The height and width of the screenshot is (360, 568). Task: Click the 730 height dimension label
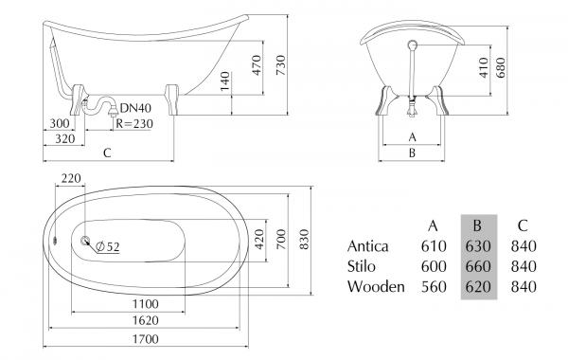point(281,65)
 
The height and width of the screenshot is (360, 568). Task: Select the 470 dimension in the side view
point(257,65)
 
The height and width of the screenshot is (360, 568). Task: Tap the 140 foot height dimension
point(224,81)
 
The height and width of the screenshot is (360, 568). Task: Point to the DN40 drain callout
point(135,108)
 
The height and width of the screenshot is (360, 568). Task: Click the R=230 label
point(134,123)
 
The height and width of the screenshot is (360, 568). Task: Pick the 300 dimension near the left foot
point(60,123)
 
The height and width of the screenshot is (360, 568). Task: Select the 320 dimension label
point(64,138)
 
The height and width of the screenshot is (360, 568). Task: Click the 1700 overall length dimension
point(146,339)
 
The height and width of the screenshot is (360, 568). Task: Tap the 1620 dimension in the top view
point(146,320)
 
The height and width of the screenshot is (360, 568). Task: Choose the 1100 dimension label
point(146,304)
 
